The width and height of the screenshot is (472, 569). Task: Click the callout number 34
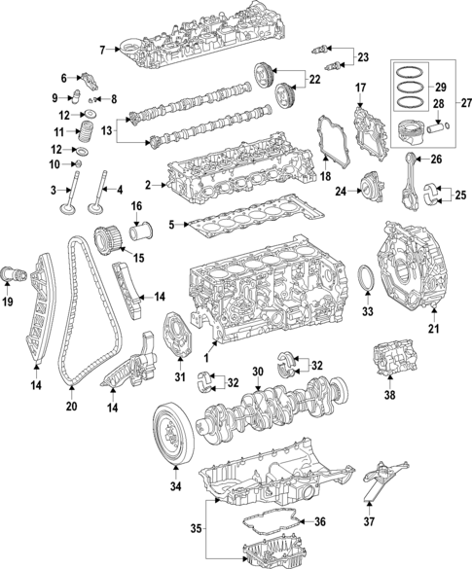[x=175, y=486]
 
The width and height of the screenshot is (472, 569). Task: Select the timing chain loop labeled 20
[x=70, y=321]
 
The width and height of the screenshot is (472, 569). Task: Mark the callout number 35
[x=196, y=530]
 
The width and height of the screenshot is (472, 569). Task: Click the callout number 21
[x=433, y=329]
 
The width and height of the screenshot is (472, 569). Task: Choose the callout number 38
[x=389, y=395]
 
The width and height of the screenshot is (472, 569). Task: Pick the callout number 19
[x=8, y=302]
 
